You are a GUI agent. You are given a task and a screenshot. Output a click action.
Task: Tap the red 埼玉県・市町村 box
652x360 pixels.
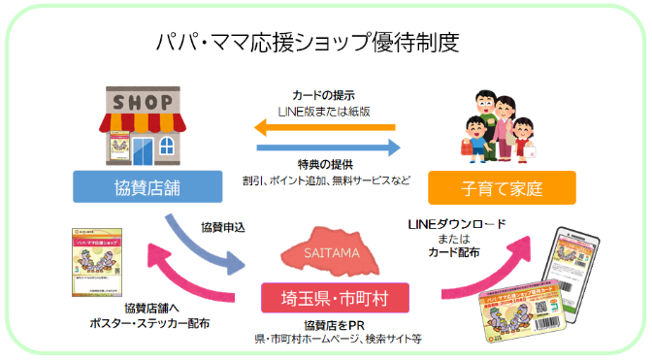pos(329,295)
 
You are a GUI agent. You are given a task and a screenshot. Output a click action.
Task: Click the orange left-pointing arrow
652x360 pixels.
pos(325,126)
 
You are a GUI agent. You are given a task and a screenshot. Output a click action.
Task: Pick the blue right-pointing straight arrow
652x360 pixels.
pos(328,147)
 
